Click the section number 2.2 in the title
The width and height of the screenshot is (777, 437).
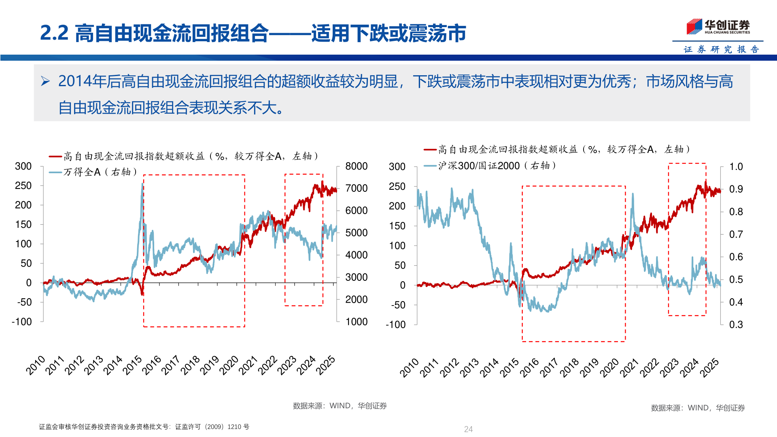[x=54, y=33]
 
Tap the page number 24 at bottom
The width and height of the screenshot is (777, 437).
[x=468, y=429]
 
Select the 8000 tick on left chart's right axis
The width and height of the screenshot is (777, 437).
[x=356, y=166]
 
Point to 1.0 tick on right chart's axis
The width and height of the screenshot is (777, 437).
[x=736, y=167]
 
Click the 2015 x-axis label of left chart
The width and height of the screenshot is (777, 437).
[x=133, y=365]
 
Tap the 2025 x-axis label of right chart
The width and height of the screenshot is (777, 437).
[x=710, y=367]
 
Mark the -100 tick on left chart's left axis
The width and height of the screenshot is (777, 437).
[x=22, y=322]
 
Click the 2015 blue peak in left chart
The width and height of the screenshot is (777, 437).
[x=142, y=185]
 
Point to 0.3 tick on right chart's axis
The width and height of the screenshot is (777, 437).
[x=736, y=325]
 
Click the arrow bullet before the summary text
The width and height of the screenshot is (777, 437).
[x=45, y=82]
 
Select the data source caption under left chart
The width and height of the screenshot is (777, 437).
[x=340, y=406]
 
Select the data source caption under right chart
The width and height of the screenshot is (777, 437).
[x=698, y=408]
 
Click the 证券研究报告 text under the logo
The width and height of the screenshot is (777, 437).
[x=721, y=49]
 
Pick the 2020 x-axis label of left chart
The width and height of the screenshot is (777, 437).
[x=229, y=365]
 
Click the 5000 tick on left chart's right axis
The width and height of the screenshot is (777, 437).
[x=356, y=233]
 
